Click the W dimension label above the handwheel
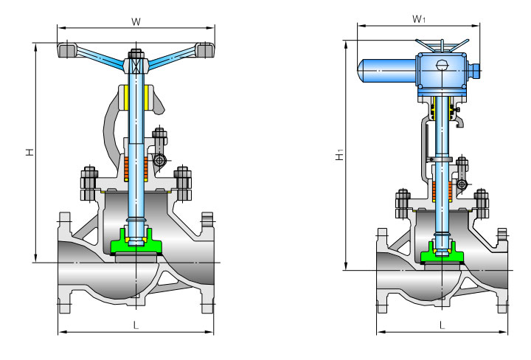[x=136, y=22]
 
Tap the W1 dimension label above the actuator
[x=419, y=19]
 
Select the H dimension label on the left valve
[x=30, y=152]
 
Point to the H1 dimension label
[x=340, y=155]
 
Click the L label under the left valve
[x=136, y=325]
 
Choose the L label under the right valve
[x=442, y=325]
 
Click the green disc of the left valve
[x=136, y=241]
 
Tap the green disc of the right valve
[x=442, y=252]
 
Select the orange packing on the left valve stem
[x=136, y=170]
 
